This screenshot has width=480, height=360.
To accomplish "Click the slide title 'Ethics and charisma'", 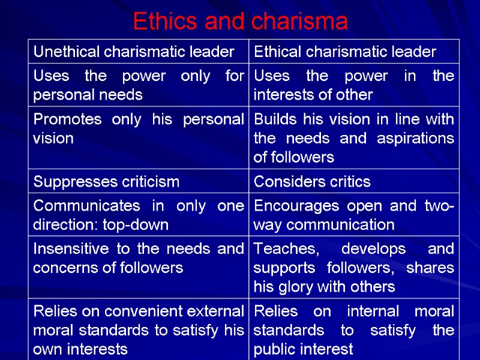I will (240, 22).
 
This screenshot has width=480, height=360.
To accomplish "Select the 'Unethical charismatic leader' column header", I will (134, 52).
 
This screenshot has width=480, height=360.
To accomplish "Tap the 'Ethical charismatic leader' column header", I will (345, 52).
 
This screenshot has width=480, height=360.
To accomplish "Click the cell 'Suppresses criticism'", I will (106, 181).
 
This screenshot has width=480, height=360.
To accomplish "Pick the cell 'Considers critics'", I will (312, 181).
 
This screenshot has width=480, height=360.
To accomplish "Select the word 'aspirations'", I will (415, 139).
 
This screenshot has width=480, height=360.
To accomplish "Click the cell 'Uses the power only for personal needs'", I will (139, 85).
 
